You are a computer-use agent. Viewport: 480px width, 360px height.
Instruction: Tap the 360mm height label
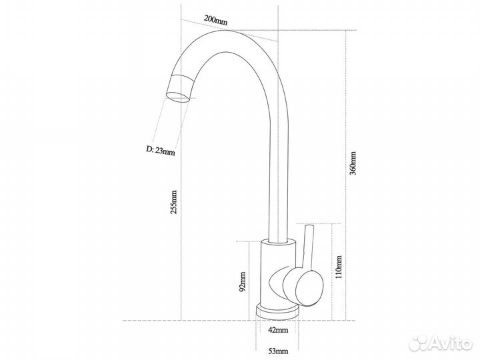pos(353,163)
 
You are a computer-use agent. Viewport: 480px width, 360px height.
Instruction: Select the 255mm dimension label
pos(173,202)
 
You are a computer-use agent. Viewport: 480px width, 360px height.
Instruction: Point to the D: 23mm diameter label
pos(161,150)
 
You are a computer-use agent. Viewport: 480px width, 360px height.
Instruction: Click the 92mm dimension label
pos(242,281)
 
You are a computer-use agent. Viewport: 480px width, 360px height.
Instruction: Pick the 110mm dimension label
pos(338,267)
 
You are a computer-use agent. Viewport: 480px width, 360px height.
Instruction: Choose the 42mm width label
pos(278,330)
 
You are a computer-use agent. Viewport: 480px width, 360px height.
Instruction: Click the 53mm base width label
pos(278,351)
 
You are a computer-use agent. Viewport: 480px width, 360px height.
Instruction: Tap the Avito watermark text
pos(450,343)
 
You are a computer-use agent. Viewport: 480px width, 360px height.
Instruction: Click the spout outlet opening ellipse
pos(178,98)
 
